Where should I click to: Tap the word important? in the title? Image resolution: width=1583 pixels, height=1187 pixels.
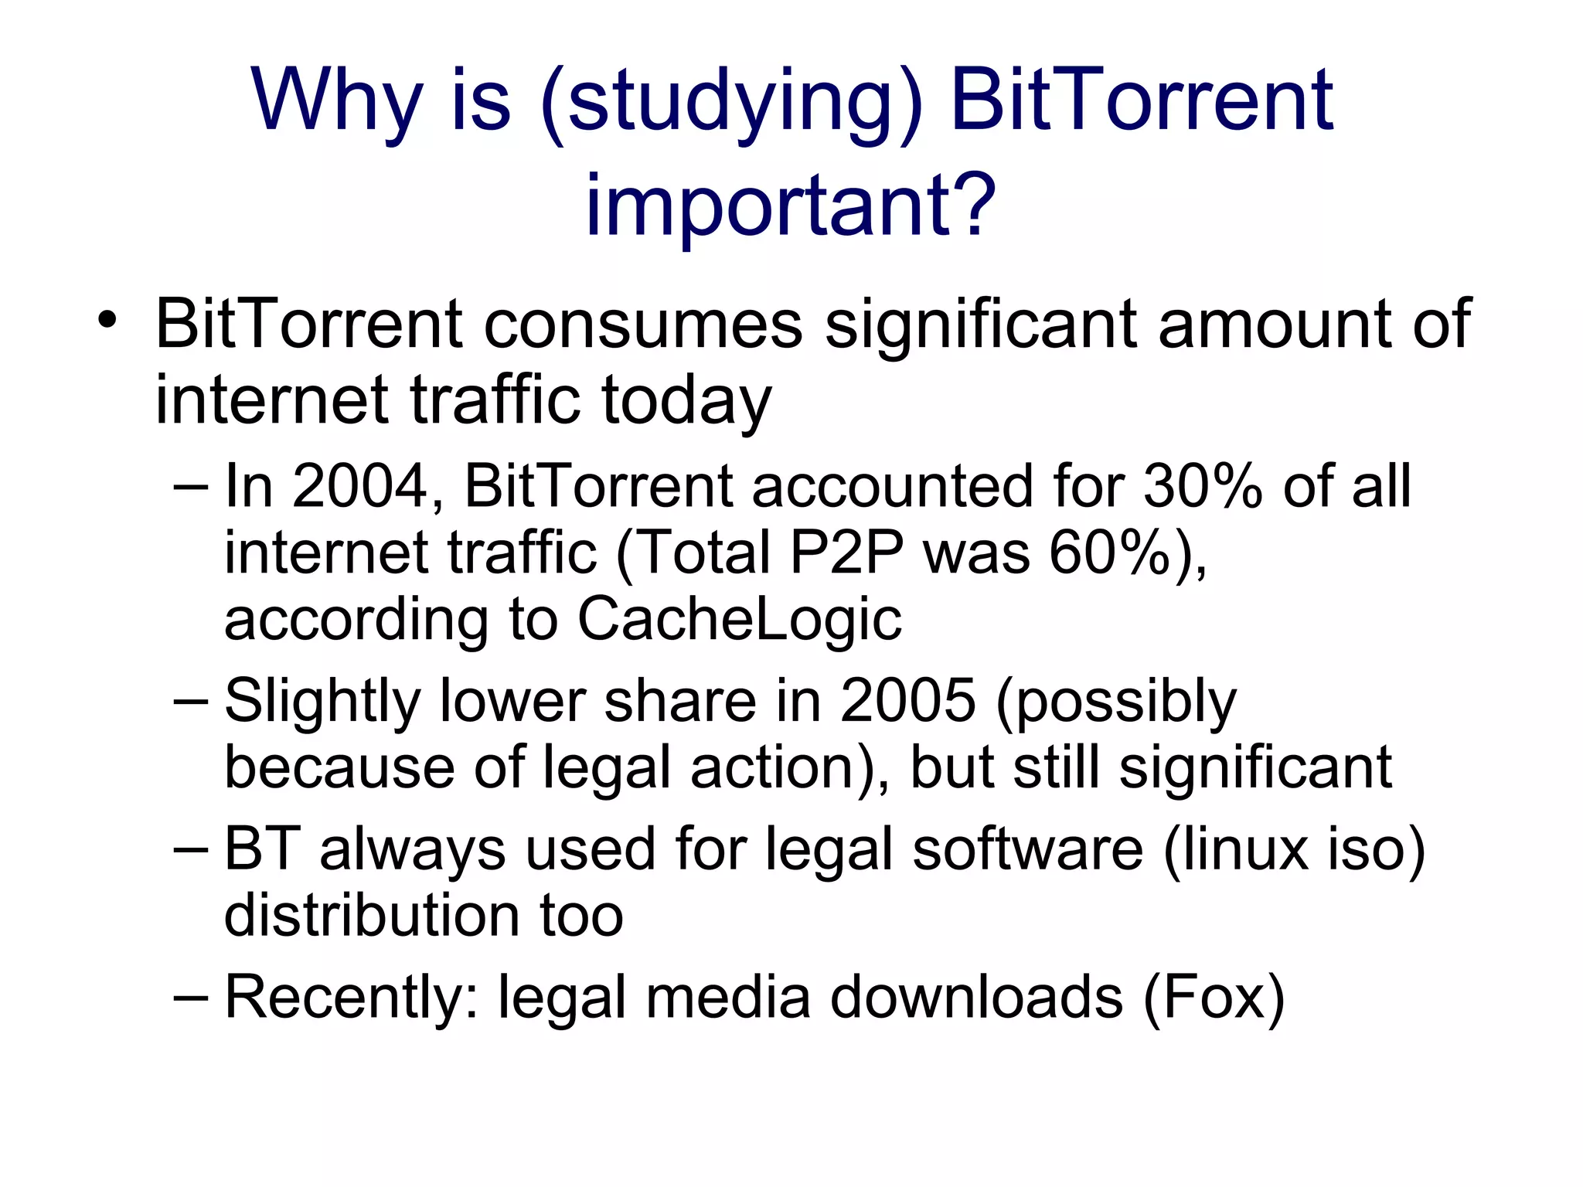pos(790,205)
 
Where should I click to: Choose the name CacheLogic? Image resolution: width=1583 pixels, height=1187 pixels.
pos(740,620)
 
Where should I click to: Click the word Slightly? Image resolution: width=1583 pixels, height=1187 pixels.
pos(322,702)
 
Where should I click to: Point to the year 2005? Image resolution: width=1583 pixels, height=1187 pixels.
pos(907,702)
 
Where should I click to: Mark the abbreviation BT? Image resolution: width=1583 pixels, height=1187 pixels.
pos(261,850)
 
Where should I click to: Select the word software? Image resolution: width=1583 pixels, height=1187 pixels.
pos(1027,850)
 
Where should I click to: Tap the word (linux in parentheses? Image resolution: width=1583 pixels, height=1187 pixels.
pos(1236,850)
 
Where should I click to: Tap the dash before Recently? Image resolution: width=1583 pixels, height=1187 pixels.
pos(190,997)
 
